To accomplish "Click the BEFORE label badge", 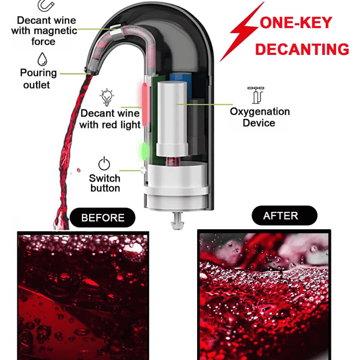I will click(103, 218).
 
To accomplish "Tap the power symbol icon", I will click(104, 163).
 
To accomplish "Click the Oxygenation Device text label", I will click(260, 117).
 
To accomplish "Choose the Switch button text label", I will click(105, 183).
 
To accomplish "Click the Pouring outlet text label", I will click(38, 78).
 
